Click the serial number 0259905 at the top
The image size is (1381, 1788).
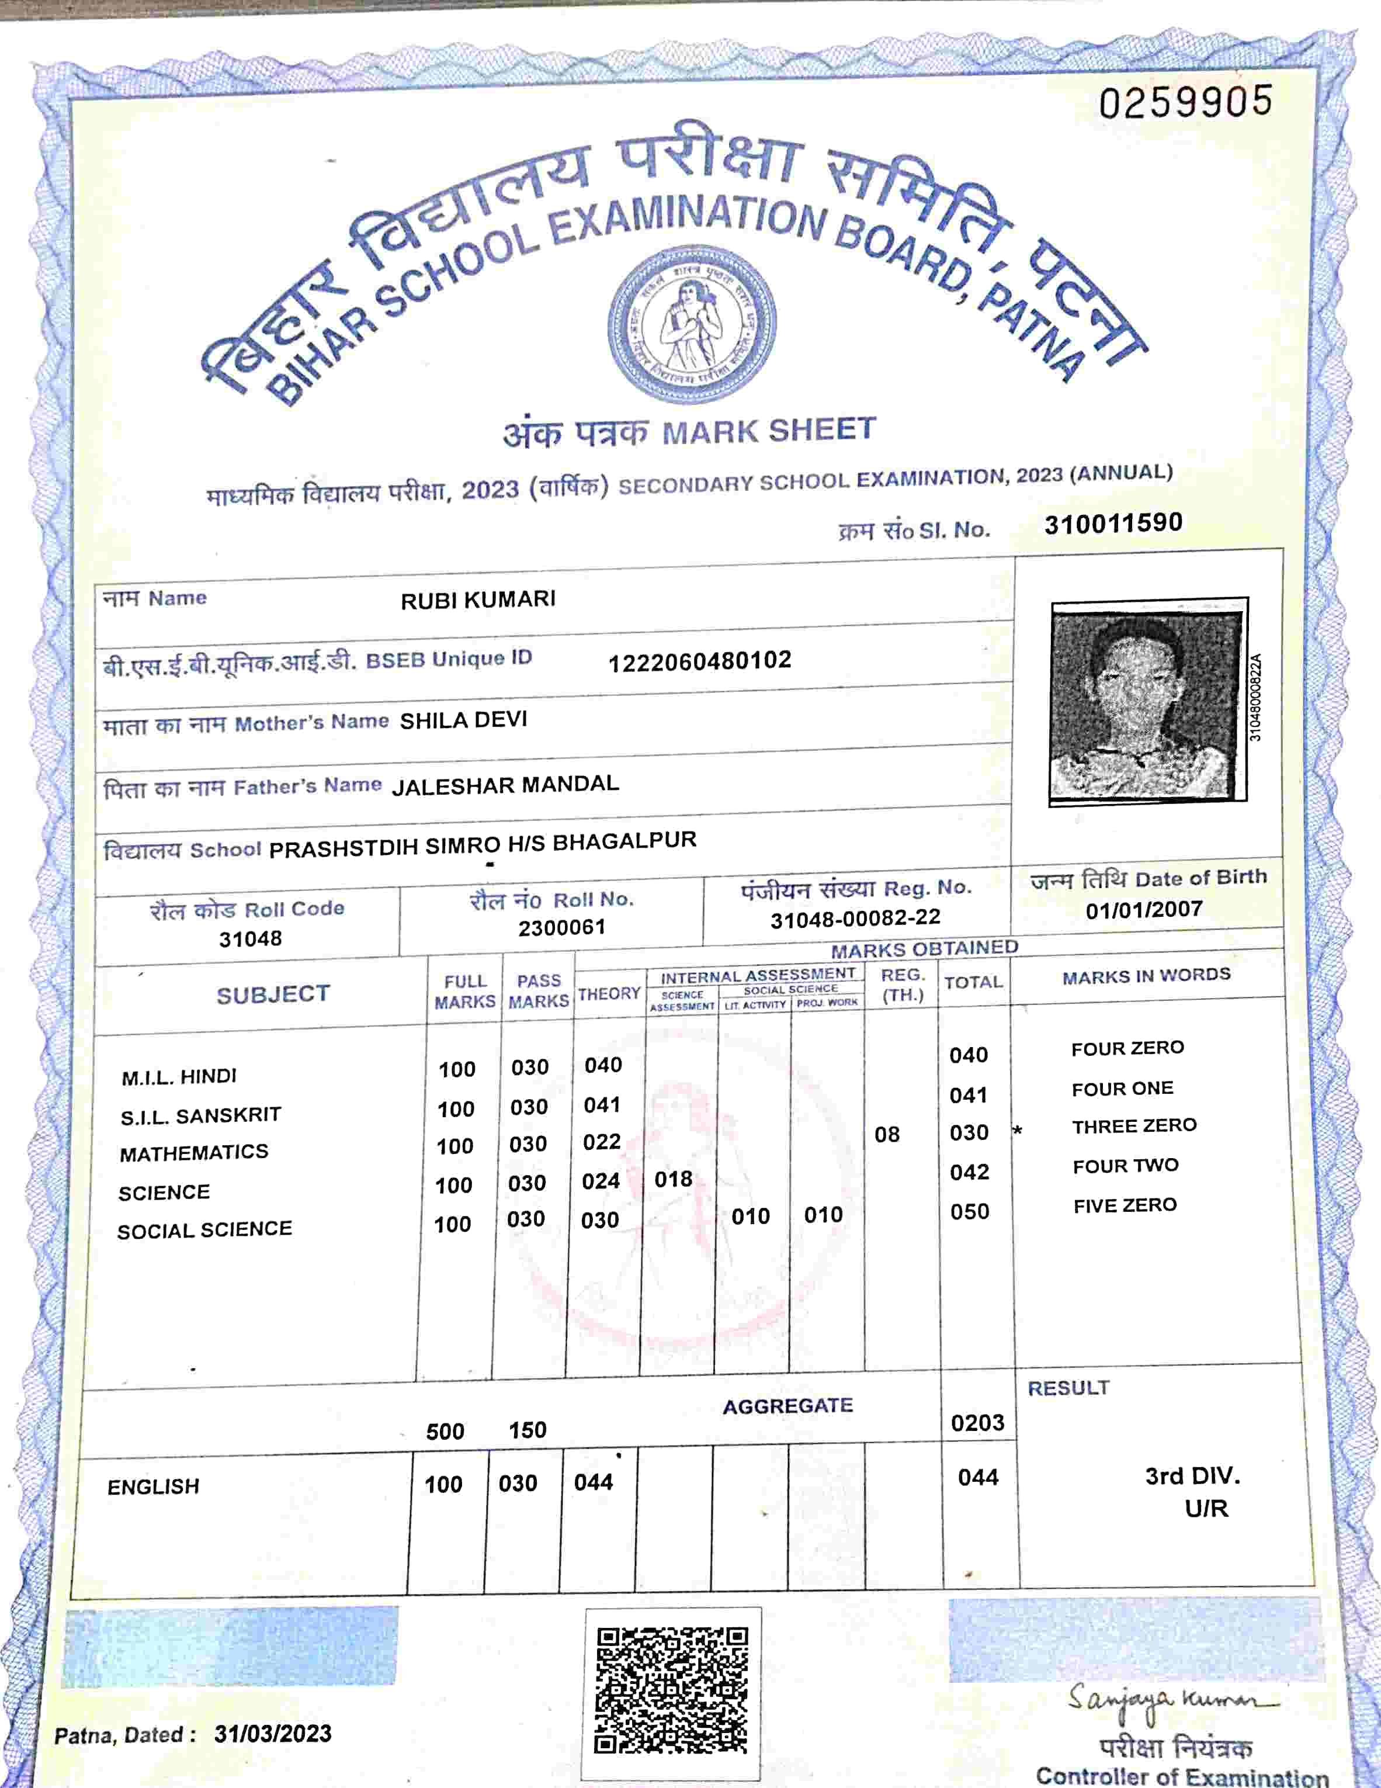(1185, 102)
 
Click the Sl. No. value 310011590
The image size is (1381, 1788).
(1112, 522)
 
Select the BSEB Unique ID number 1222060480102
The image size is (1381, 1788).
(700, 661)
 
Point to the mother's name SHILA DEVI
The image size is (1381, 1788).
(463, 720)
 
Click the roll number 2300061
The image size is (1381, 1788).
(561, 927)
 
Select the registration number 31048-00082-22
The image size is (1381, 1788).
(855, 919)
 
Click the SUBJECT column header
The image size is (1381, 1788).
(273, 995)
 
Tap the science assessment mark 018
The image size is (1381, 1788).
(673, 1179)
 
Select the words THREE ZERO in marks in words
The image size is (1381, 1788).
(1134, 1127)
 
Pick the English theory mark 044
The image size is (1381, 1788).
(594, 1482)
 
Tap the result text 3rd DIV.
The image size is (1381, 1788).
(1192, 1476)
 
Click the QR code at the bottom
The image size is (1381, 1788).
(671, 1692)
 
